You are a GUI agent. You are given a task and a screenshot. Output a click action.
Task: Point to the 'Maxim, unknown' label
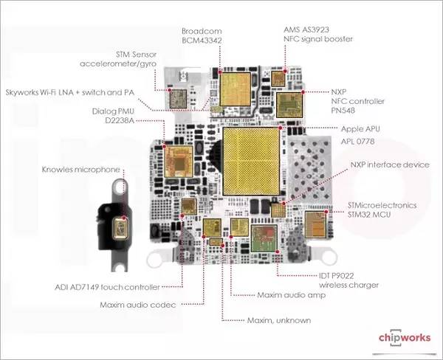(x=278, y=320)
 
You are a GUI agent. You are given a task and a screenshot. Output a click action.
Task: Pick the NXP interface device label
(x=389, y=165)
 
